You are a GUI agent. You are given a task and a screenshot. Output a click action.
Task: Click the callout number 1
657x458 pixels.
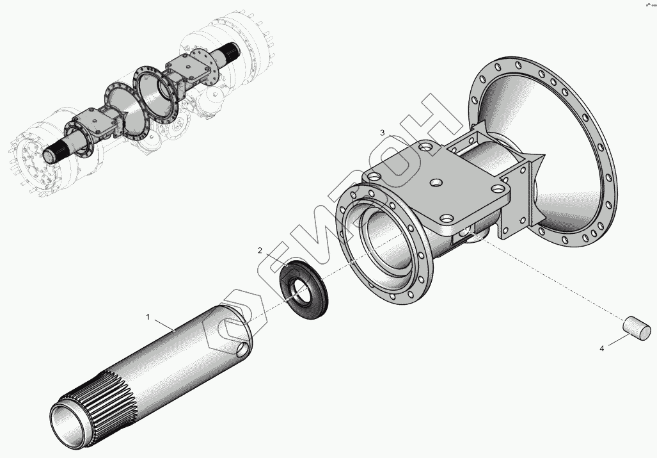(148, 317)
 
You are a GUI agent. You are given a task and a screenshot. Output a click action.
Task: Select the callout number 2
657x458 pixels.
(260, 250)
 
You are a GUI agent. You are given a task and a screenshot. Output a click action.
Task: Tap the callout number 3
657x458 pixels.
(383, 133)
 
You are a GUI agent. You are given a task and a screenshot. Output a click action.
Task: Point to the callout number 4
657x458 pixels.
(601, 349)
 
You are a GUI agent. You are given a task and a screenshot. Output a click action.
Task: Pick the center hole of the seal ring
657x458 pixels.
(298, 292)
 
